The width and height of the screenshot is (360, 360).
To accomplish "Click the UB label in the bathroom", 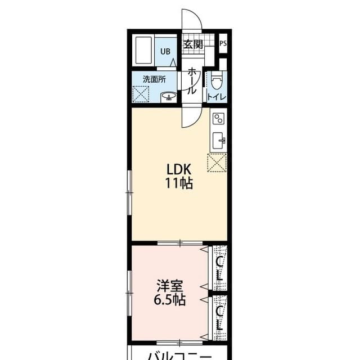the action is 165,51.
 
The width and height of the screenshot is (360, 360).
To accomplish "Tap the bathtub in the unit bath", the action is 144,50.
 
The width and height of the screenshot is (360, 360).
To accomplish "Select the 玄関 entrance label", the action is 193,44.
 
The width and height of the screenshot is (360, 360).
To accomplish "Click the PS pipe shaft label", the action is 223,43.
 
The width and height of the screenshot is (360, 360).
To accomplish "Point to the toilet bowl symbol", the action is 217,80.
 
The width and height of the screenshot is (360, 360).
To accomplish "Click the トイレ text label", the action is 217,97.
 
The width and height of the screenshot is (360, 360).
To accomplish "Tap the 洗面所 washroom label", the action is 154,79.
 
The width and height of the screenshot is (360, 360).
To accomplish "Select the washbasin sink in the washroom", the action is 169,97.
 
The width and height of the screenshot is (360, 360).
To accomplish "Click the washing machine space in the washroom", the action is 141,94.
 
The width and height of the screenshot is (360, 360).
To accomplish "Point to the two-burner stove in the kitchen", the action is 219,119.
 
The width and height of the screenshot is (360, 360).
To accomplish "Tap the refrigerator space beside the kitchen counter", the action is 217,163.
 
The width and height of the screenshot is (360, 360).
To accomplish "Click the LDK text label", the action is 179,169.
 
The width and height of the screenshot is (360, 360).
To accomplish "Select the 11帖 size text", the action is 179,183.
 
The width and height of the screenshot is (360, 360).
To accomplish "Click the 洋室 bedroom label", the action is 170,286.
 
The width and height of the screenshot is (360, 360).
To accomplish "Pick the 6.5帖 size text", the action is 170,300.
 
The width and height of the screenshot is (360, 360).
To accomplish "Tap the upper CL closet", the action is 220,268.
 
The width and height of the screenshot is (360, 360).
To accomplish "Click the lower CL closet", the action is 220,318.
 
